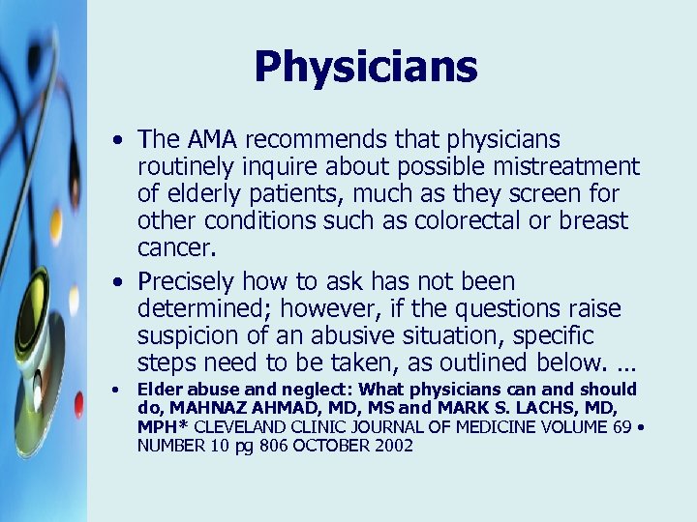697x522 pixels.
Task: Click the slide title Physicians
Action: tap(366, 67)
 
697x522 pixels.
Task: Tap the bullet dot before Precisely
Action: tap(117, 282)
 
